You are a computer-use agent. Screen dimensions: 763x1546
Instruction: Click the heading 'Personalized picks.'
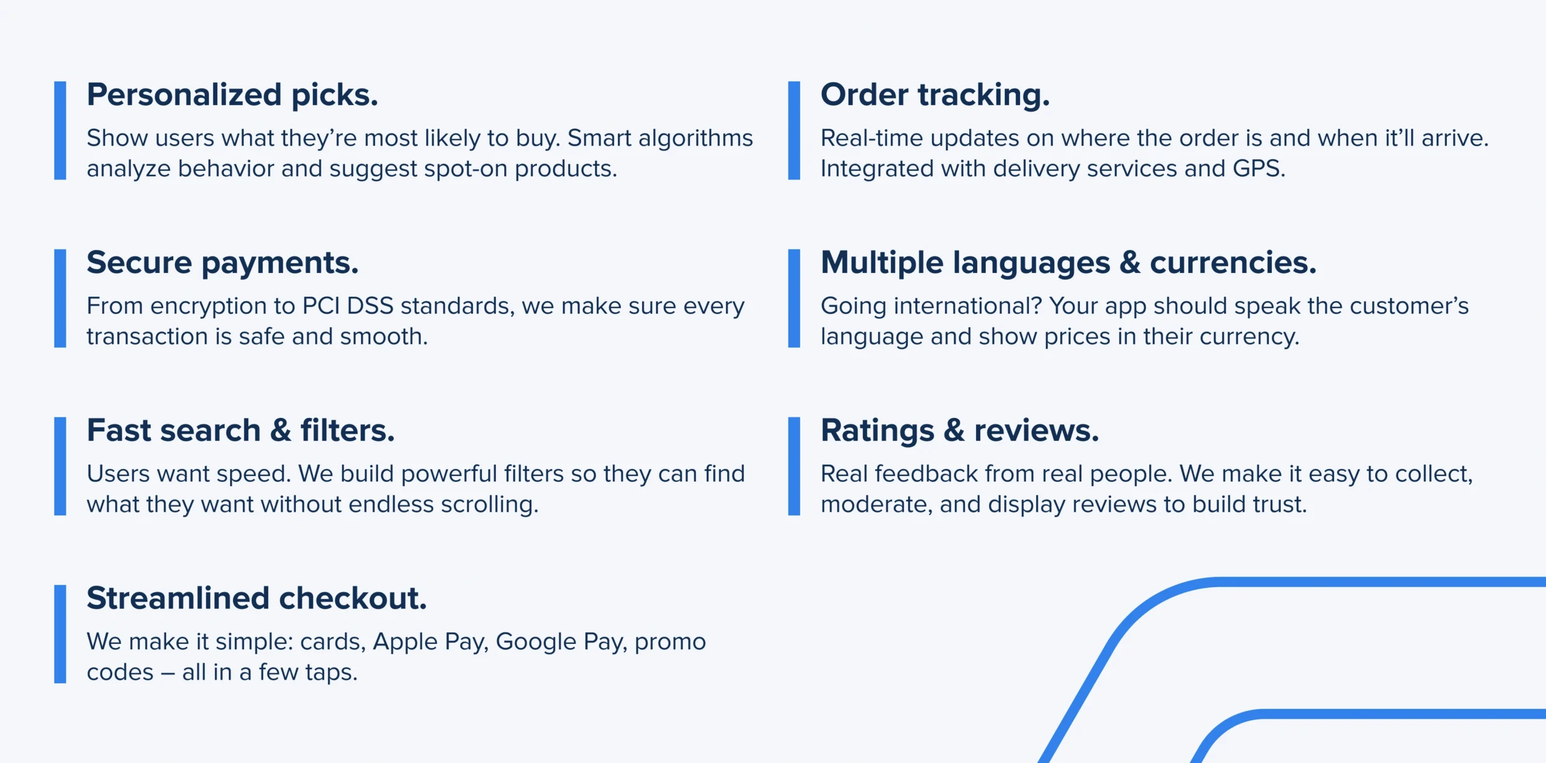click(233, 95)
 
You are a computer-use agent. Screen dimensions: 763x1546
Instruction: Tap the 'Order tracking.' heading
click(935, 95)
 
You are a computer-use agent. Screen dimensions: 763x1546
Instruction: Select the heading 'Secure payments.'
click(222, 263)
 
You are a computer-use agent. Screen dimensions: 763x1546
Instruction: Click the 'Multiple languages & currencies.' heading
click(1068, 263)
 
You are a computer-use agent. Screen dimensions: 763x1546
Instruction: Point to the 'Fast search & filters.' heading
click(240, 431)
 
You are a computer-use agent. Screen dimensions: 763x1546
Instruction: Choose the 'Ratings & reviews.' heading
click(960, 431)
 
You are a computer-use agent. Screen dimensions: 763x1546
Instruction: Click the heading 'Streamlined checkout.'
click(257, 599)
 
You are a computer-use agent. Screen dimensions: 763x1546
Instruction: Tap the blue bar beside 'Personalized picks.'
click(60, 130)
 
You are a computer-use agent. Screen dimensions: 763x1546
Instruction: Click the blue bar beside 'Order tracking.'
click(794, 130)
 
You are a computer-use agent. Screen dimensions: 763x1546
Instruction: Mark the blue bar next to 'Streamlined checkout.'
click(60, 634)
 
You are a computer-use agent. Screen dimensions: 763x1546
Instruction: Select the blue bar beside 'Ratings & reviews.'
click(794, 466)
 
